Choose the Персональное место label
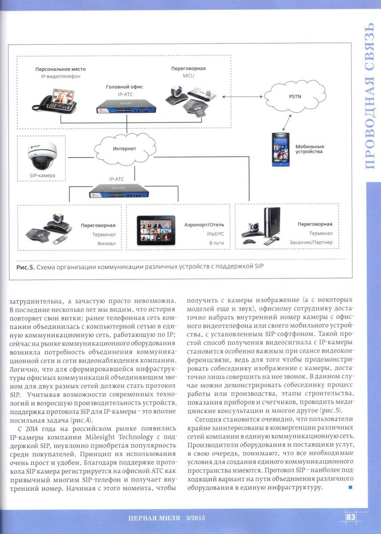[61, 69]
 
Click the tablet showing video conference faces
[156, 231]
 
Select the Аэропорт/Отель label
[204, 225]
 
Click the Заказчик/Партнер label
[311, 243]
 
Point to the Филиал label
[106, 243]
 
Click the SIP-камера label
[42, 175]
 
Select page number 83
[351, 517]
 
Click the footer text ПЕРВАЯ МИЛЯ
[154, 518]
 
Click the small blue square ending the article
[350, 488]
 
